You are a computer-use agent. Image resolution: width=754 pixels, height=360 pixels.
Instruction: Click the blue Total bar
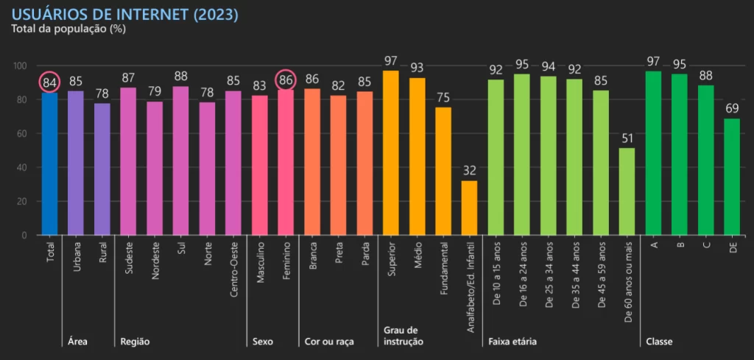(x=49, y=162)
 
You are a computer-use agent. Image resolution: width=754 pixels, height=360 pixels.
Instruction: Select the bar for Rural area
(x=102, y=169)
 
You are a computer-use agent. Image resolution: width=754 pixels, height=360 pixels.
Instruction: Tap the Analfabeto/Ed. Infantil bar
(x=469, y=208)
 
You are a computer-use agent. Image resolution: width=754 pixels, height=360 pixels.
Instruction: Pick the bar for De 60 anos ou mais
(x=627, y=191)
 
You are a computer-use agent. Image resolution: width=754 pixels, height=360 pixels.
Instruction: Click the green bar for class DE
(x=732, y=177)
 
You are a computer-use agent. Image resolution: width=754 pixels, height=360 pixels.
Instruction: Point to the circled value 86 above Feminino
(x=286, y=80)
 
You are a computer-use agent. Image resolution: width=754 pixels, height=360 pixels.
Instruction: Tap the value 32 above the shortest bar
(x=469, y=171)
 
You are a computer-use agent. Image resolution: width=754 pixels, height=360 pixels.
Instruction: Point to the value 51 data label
(x=627, y=138)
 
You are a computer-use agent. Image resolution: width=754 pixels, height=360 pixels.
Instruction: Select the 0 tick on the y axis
(x=24, y=236)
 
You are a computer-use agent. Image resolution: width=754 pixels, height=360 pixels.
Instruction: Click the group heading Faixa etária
(x=512, y=342)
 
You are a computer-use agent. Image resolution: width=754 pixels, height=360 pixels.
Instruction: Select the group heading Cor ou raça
(x=329, y=342)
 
